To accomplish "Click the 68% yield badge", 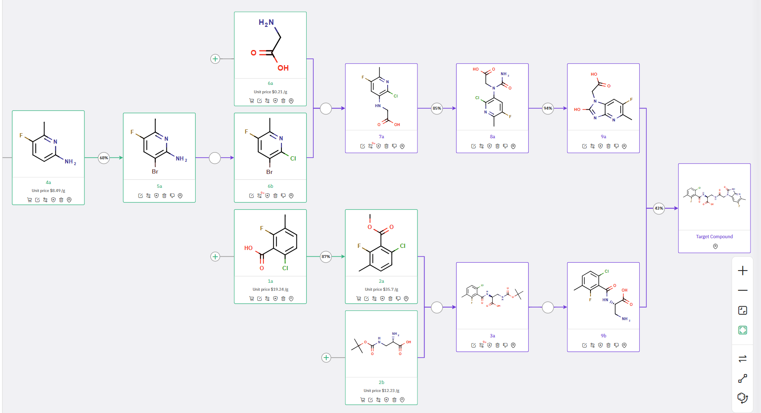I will point(104,158).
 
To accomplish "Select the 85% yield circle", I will point(437,108).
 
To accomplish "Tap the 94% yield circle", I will point(548,108).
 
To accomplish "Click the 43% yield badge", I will point(659,208).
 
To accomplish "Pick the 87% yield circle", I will point(326,257).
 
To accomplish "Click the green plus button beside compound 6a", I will point(215,59).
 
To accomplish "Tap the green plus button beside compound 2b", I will point(326,358).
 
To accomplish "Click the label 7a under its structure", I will point(381,137).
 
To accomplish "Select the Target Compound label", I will point(714,237).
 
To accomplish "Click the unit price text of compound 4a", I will point(48,191).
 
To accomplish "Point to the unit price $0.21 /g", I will point(270,92).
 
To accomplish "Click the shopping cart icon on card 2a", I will point(359,299).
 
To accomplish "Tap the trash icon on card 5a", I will point(164,196).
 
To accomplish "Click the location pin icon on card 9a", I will point(624,146).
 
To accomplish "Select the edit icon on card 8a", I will point(473,146).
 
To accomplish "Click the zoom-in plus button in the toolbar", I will point(743,271).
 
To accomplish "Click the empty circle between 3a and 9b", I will point(548,308).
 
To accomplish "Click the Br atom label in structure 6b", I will point(269,172).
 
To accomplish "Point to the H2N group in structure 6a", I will point(266,23).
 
